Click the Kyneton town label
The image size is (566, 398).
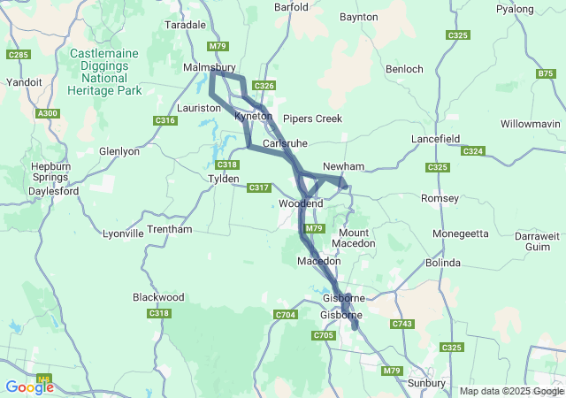251,117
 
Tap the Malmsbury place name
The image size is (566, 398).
209,67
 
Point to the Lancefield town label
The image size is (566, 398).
439,140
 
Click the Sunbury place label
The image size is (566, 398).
427,382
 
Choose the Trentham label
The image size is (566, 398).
169,229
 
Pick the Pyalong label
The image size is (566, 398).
540,9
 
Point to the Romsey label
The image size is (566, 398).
439,197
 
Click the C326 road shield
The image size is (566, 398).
264,85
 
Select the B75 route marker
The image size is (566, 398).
546,74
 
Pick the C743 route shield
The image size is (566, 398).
402,325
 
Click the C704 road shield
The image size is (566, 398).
285,315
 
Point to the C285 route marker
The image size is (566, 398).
17,55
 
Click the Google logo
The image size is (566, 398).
29,387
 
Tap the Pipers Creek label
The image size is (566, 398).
311,119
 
